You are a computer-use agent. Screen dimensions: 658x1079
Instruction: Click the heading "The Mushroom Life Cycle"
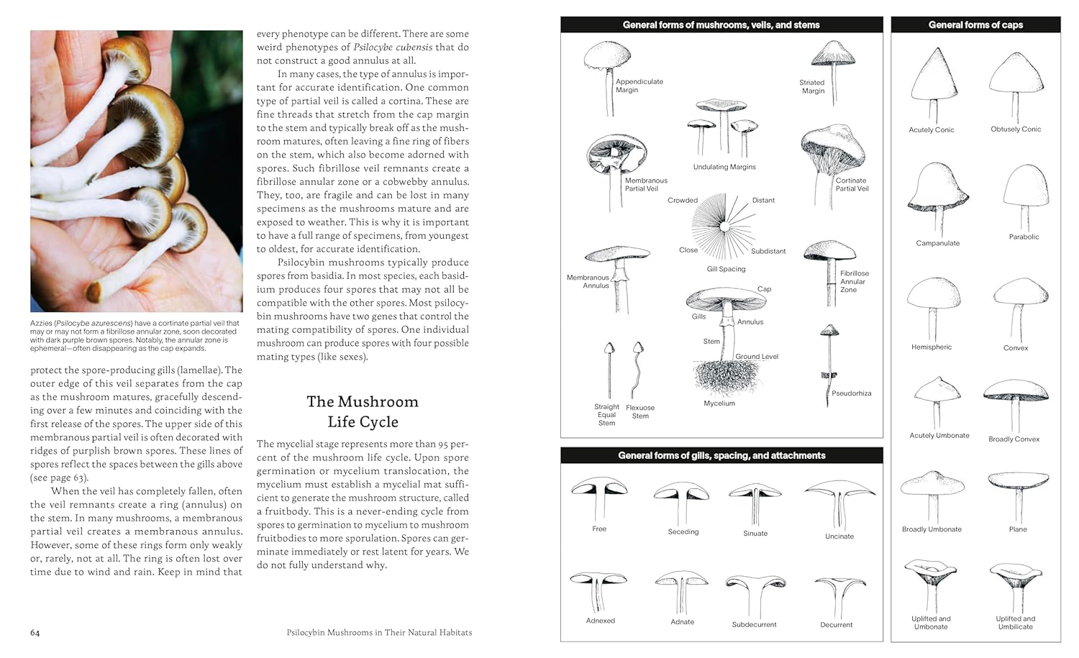point(363,411)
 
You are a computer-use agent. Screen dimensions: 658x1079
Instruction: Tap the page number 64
point(35,633)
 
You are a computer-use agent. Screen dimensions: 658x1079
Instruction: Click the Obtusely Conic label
point(1015,129)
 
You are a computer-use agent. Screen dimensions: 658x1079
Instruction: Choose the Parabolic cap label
point(1024,237)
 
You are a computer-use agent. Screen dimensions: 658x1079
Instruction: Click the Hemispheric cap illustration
point(934,306)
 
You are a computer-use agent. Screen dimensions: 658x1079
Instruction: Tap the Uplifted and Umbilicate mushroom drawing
point(1016,582)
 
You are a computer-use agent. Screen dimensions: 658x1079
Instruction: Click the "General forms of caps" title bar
point(975,24)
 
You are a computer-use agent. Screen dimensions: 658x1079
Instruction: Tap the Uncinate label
point(839,536)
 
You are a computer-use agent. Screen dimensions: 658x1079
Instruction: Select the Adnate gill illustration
point(681,590)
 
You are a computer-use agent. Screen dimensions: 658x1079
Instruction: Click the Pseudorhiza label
point(851,393)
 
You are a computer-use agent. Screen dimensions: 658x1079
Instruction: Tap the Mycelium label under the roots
point(719,403)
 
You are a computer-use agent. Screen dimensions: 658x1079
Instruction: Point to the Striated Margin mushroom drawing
point(832,68)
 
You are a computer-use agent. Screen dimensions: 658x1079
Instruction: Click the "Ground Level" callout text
point(756,357)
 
